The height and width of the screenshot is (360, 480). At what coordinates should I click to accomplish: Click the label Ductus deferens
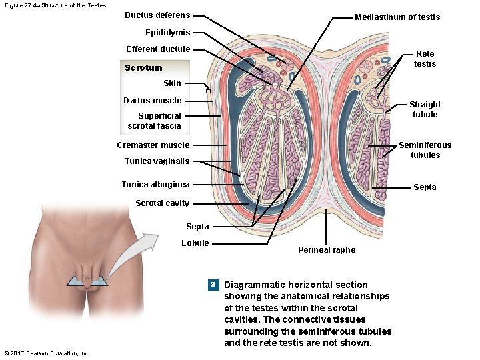(x=157, y=15)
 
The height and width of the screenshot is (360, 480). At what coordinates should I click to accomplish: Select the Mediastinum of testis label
(x=397, y=17)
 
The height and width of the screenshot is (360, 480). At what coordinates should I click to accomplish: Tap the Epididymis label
(x=167, y=33)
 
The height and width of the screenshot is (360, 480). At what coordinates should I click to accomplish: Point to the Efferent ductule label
(x=158, y=49)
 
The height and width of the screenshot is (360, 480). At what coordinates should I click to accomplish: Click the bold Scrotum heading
(x=143, y=68)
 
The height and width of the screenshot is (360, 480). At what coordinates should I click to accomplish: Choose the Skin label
(x=172, y=83)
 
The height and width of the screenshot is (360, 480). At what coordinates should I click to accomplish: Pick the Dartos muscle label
(x=152, y=101)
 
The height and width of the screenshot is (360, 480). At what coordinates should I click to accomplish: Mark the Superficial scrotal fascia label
(x=154, y=121)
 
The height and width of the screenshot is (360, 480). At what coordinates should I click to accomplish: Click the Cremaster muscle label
(x=153, y=145)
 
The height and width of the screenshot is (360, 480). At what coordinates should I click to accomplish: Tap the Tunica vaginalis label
(x=157, y=161)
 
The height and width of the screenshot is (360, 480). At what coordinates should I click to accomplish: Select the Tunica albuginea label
(x=155, y=185)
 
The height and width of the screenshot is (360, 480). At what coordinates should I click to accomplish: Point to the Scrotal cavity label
(x=162, y=203)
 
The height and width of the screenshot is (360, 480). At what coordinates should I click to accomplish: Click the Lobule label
(x=195, y=243)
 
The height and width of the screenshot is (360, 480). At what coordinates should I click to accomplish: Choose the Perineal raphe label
(x=327, y=250)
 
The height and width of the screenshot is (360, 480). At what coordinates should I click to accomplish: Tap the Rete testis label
(x=425, y=59)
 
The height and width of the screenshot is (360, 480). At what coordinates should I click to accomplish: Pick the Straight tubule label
(x=425, y=109)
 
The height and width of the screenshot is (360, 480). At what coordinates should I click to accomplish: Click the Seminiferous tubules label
(x=425, y=150)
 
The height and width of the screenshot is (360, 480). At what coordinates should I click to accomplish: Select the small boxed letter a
(x=213, y=285)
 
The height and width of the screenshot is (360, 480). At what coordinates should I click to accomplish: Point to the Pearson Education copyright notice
(x=46, y=353)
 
